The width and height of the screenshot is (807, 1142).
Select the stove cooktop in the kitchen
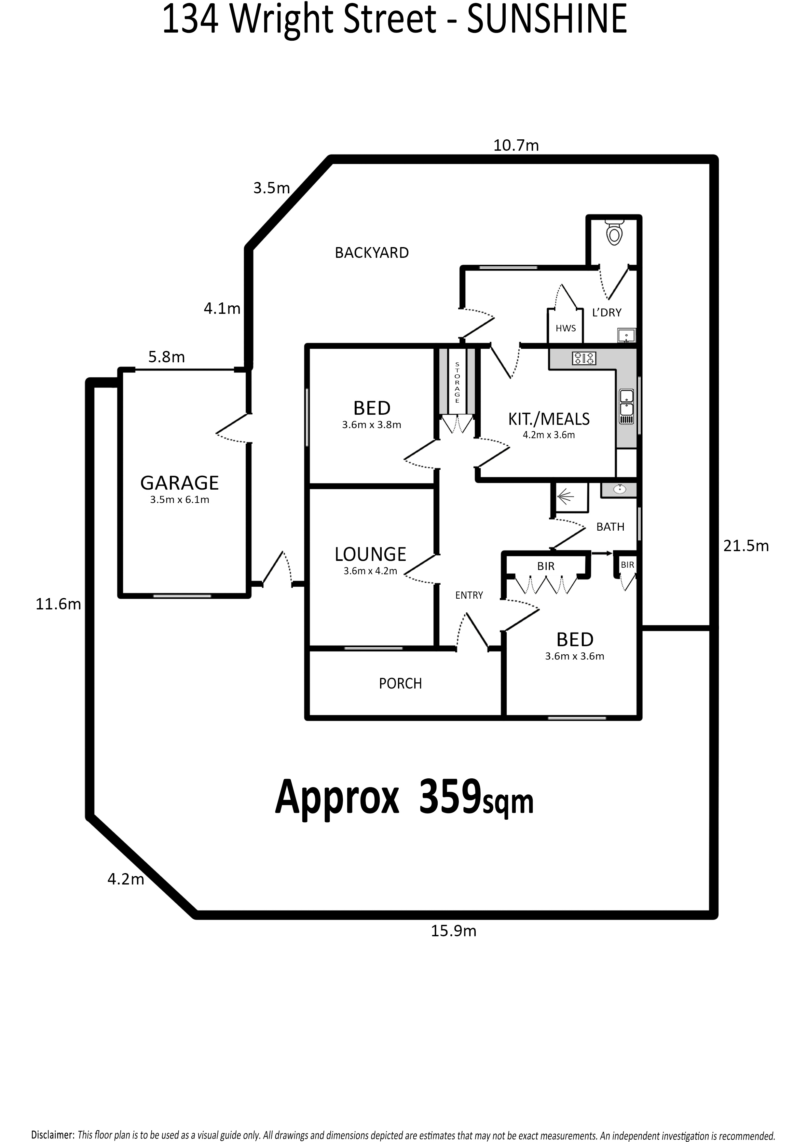tap(584, 358)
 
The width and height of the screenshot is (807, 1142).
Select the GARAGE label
tap(180, 483)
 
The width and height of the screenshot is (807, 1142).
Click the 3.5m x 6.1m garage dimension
tap(180, 500)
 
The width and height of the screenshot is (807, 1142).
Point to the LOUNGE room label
tap(370, 554)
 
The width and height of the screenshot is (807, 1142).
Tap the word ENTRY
tap(469, 595)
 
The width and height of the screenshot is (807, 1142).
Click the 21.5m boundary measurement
tap(746, 546)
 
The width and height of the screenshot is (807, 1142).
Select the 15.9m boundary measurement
tap(454, 931)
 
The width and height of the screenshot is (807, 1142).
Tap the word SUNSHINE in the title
tap(547, 20)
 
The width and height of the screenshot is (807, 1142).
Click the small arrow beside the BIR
tap(602, 553)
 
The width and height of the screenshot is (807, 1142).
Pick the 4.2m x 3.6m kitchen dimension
tap(549, 435)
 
